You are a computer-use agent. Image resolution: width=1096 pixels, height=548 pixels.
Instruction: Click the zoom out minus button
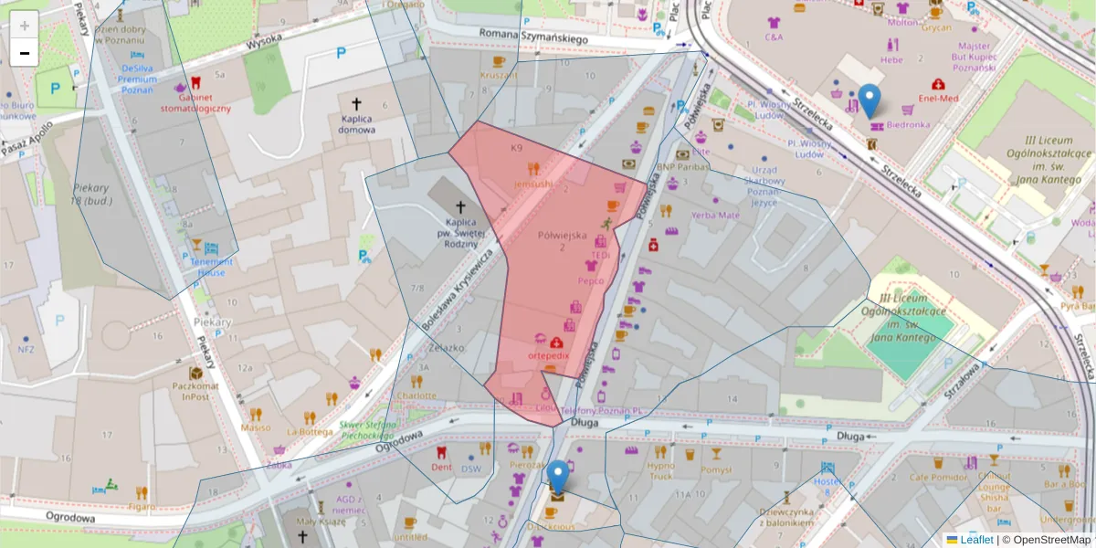coord(25,53)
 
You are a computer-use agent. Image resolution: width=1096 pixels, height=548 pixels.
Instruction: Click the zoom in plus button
coord(25,25)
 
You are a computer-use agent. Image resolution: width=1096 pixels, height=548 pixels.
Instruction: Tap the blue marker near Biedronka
coord(870,100)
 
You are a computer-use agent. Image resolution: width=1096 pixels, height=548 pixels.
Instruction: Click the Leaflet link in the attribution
coord(976,540)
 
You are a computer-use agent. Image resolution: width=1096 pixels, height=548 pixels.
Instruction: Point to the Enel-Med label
coord(937,98)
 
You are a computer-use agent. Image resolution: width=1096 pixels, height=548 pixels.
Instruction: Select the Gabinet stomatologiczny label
coord(195,102)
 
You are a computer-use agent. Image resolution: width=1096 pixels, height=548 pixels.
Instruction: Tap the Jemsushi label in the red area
coord(533,184)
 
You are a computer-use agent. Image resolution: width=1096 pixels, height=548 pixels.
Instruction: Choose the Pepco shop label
coord(591,280)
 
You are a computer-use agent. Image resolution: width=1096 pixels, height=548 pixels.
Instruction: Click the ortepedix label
coord(549,354)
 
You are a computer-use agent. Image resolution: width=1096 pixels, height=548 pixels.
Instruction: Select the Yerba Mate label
coord(715,216)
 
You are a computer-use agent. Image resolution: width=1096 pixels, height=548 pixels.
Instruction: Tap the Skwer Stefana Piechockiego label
coord(368,430)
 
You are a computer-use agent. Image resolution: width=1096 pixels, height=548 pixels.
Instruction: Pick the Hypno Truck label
coord(660,470)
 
